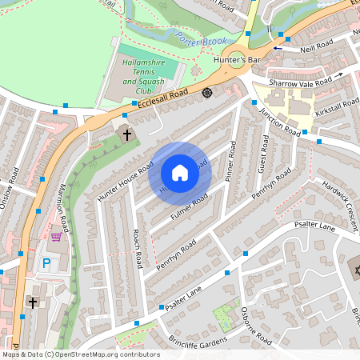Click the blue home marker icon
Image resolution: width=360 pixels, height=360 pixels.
click(180, 173)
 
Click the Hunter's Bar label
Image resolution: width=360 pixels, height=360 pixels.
click(233, 60)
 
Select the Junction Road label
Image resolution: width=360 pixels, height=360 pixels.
click(279, 121)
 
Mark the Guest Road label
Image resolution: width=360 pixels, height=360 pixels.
click(263, 153)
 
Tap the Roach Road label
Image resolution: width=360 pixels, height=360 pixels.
click(138, 248)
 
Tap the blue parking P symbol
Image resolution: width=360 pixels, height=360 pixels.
click(46, 262)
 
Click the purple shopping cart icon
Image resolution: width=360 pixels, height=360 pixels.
click(56, 236)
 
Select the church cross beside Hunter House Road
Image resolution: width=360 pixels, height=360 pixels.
click(126, 134)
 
